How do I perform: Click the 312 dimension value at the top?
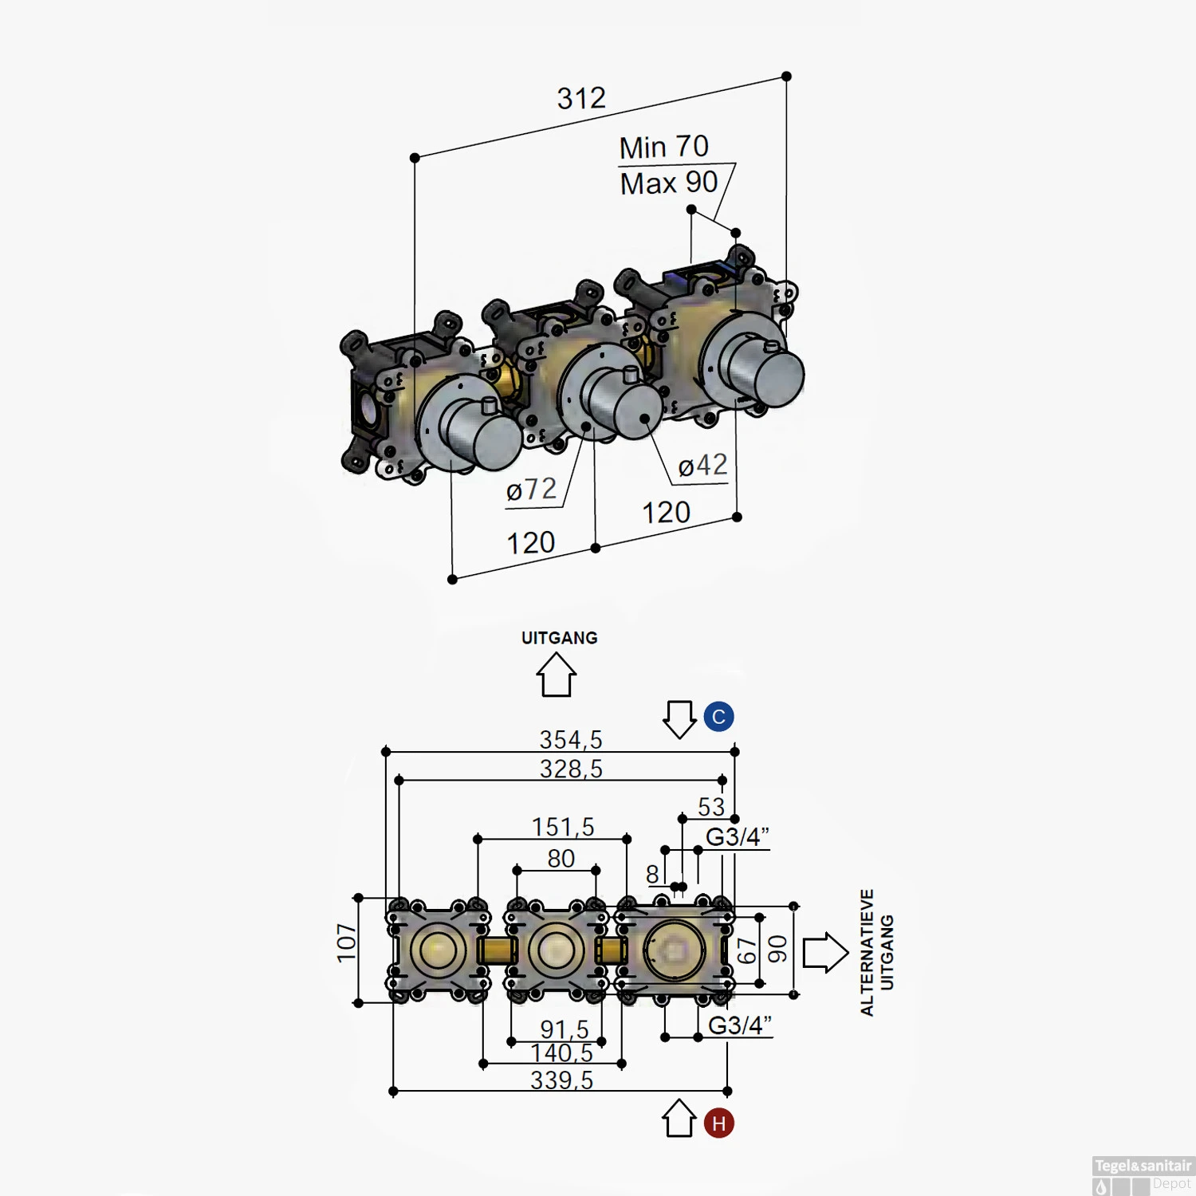[581, 99]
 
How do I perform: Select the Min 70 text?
[663, 148]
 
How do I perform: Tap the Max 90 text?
[669, 183]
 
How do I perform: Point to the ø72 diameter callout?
[531, 490]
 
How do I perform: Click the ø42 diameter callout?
[702, 466]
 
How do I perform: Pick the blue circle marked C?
[718, 717]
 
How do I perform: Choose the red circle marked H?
[718, 1123]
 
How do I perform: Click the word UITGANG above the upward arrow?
[559, 638]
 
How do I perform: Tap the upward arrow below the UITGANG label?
[556, 675]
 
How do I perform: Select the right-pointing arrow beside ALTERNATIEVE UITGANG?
[824, 952]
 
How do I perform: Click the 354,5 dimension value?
[570, 740]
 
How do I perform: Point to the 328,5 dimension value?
[571, 769]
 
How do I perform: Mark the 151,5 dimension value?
[563, 828]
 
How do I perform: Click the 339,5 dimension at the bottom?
[561, 1080]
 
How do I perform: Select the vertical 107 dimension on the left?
[347, 942]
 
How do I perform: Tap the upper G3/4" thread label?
[737, 837]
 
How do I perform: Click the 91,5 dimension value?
[564, 1029]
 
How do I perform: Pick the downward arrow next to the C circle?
[679, 719]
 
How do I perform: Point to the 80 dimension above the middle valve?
[561, 859]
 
